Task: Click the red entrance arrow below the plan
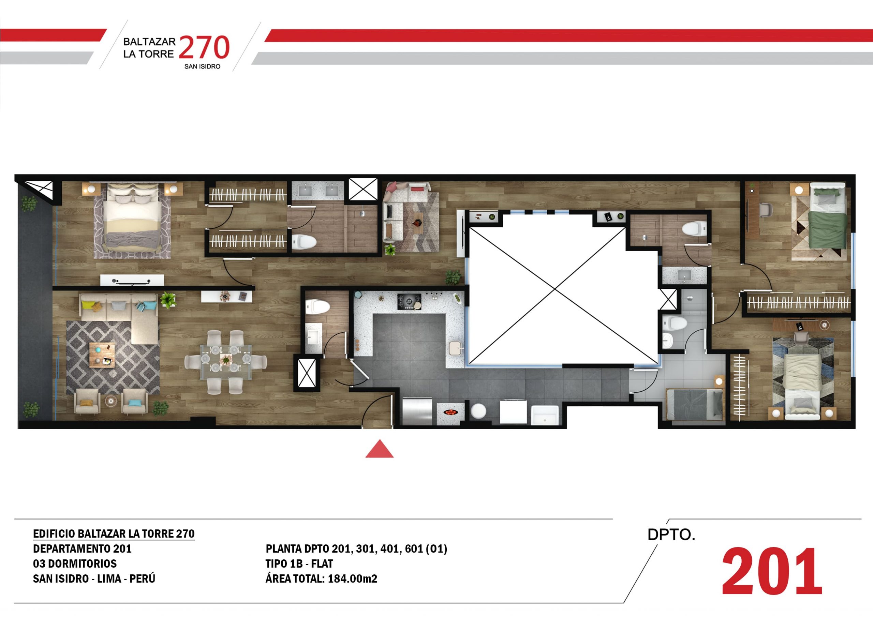[x=380, y=449]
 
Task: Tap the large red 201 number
[x=772, y=571]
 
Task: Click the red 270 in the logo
[x=204, y=47]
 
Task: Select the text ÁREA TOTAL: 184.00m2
[x=321, y=578]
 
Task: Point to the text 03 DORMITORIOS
[x=75, y=563]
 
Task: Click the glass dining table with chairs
[x=225, y=362]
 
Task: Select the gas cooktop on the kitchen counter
[x=409, y=301]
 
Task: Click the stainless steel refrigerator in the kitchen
[x=417, y=411]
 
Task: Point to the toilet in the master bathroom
[x=304, y=241]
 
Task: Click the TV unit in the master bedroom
[x=132, y=280]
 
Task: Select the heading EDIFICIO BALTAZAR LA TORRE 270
[x=114, y=534]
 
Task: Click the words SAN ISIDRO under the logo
[x=202, y=66]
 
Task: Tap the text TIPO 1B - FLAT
[x=299, y=563]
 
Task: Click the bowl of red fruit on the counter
[x=450, y=412]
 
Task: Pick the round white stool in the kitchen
[x=478, y=411]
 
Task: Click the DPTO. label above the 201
[x=671, y=535]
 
